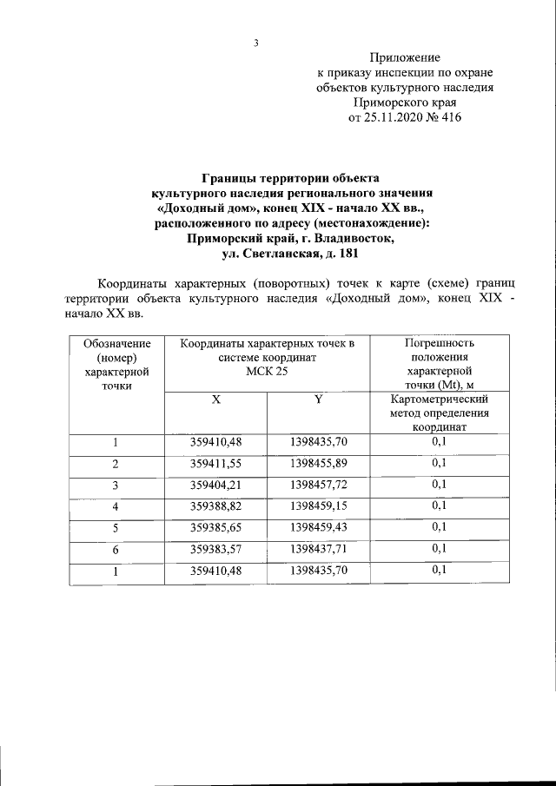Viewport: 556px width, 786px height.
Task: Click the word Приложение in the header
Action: [406, 58]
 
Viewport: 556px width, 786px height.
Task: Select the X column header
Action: [215, 399]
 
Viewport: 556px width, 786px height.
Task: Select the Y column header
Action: [318, 399]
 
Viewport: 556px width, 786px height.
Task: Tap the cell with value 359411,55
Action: [215, 464]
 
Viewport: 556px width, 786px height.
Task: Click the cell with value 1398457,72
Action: [318, 485]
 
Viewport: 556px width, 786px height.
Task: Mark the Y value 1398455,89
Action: [318, 464]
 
